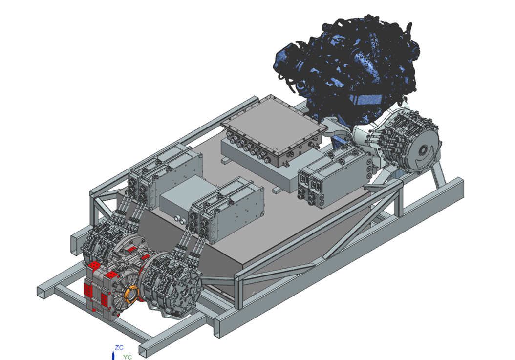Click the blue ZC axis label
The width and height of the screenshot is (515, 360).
click(119, 347)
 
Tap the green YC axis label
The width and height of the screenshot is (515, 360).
click(128, 357)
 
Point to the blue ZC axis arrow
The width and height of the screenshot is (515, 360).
click(113, 355)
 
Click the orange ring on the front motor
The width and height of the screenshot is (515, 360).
click(131, 294)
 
